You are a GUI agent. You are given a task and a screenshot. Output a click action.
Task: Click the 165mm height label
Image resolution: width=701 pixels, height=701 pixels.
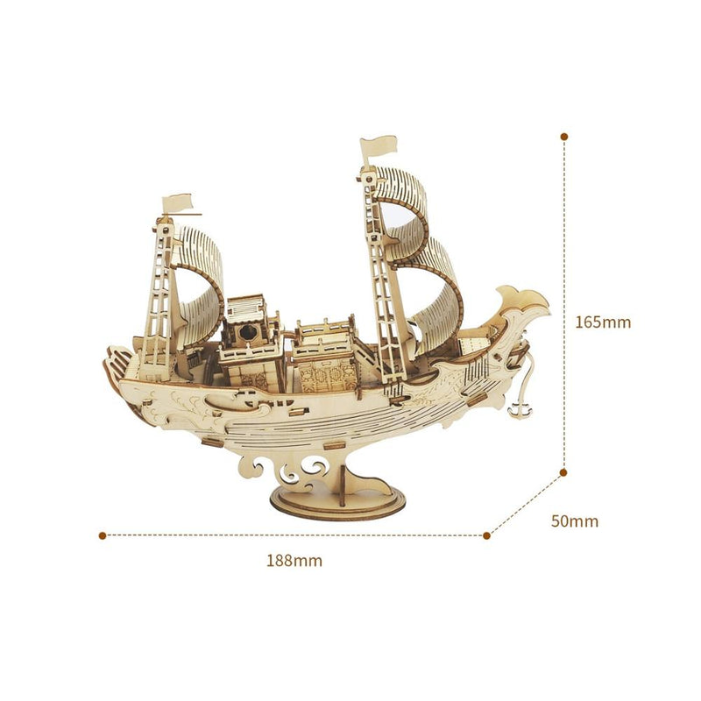pyautogui.click(x=603, y=322)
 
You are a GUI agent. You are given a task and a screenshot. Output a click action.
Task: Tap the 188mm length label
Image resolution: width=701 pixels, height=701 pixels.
pyautogui.click(x=294, y=561)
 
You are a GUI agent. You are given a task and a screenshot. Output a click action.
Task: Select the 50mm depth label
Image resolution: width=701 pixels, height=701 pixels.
pyautogui.click(x=575, y=521)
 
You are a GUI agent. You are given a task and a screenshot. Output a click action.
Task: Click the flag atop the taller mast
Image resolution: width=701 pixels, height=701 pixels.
pyautogui.click(x=379, y=147)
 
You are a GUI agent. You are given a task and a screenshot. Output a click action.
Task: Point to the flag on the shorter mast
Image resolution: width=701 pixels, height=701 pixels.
pyautogui.click(x=178, y=203)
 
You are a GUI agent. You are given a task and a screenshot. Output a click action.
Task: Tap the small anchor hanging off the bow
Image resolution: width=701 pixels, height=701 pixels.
pyautogui.click(x=520, y=409)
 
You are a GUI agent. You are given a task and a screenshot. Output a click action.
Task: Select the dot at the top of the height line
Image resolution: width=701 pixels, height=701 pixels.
pyautogui.click(x=564, y=137)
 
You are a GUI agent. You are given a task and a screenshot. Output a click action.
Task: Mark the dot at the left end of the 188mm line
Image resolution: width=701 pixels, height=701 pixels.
pyautogui.click(x=103, y=535)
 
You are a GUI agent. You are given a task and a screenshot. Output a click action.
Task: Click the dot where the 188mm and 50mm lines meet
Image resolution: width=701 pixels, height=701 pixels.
pyautogui.click(x=487, y=535)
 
